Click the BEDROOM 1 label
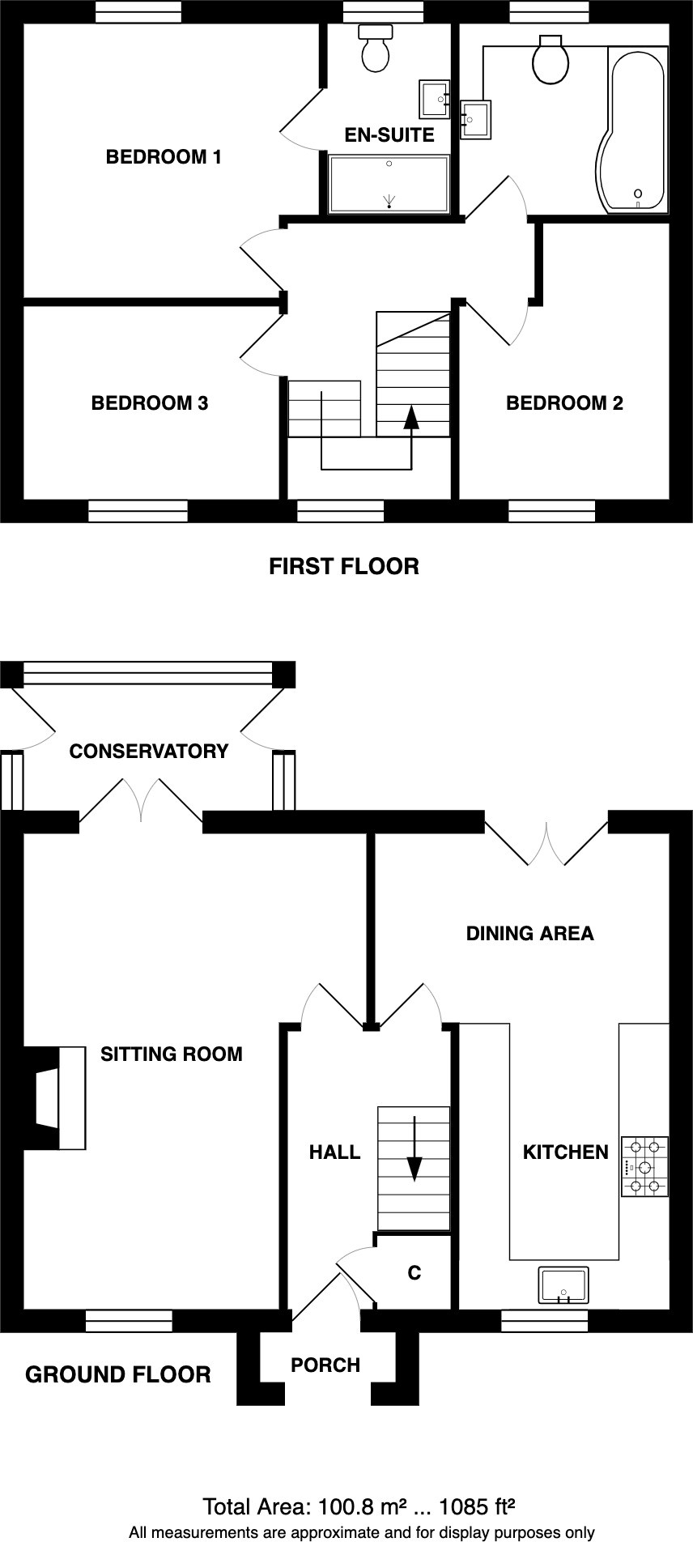click(x=164, y=157)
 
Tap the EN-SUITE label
click(x=389, y=135)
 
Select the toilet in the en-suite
click(x=375, y=48)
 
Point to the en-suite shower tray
click(x=389, y=184)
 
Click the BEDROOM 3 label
click(x=150, y=403)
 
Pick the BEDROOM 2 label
click(x=564, y=403)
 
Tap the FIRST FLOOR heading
click(x=344, y=566)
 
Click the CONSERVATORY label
click(x=149, y=752)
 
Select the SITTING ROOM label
click(x=172, y=1054)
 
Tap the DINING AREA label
click(x=529, y=934)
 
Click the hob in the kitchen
click(x=645, y=1167)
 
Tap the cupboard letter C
click(x=415, y=1273)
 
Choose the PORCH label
click(x=325, y=1365)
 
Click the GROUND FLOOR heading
click(x=118, y=1375)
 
